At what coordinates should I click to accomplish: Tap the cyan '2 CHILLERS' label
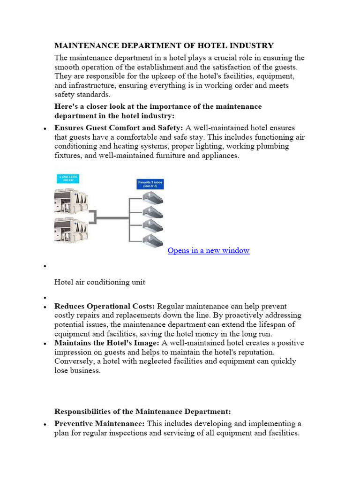coord(67,179)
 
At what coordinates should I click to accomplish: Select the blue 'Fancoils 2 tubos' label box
coord(150,183)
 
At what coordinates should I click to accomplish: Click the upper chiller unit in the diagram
coord(72,200)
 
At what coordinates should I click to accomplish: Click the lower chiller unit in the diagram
coord(72,230)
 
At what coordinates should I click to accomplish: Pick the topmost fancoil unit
coord(152,198)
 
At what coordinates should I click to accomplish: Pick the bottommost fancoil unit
coord(152,238)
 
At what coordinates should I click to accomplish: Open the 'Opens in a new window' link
coord(208,250)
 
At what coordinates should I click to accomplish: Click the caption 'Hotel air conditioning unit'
coord(100,282)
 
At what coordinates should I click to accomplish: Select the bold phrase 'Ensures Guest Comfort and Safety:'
coord(119,127)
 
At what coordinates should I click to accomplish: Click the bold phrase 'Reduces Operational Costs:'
coord(105,306)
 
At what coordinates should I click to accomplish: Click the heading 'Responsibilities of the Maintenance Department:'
coord(142,412)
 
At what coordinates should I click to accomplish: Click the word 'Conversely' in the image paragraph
coord(73,361)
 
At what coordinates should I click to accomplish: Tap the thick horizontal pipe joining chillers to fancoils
coord(112,217)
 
